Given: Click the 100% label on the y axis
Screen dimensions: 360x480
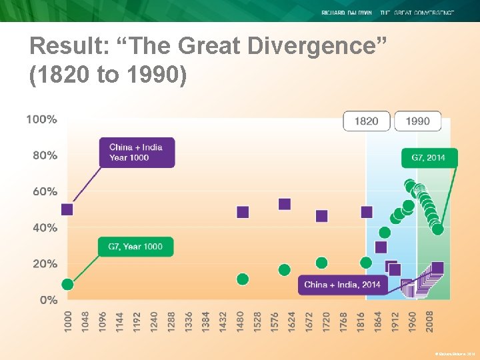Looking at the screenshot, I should pyautogui.click(x=41, y=119).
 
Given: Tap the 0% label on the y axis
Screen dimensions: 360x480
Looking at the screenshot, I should pyautogui.click(x=48, y=300).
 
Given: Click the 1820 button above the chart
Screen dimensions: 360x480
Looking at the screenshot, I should pyautogui.click(x=366, y=121).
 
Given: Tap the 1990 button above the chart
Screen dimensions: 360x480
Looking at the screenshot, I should pyautogui.click(x=417, y=121).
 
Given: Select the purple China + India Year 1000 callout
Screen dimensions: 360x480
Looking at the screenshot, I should pyautogui.click(x=137, y=153).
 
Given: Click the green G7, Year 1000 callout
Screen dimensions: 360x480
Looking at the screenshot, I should pyautogui.click(x=135, y=246).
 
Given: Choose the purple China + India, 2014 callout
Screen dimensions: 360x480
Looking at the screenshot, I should pyautogui.click(x=342, y=285).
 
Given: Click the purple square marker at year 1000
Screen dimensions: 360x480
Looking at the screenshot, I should pyautogui.click(x=67, y=209).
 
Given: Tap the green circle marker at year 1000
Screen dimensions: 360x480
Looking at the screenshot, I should pyautogui.click(x=67, y=284).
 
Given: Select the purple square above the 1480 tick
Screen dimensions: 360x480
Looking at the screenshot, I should pyautogui.click(x=243, y=212).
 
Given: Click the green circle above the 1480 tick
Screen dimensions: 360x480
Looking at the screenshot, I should pyautogui.click(x=243, y=279).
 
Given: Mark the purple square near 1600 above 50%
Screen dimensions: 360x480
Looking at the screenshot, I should pyautogui.click(x=285, y=204).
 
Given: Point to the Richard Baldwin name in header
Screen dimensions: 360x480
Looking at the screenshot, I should pyautogui.click(x=347, y=13).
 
